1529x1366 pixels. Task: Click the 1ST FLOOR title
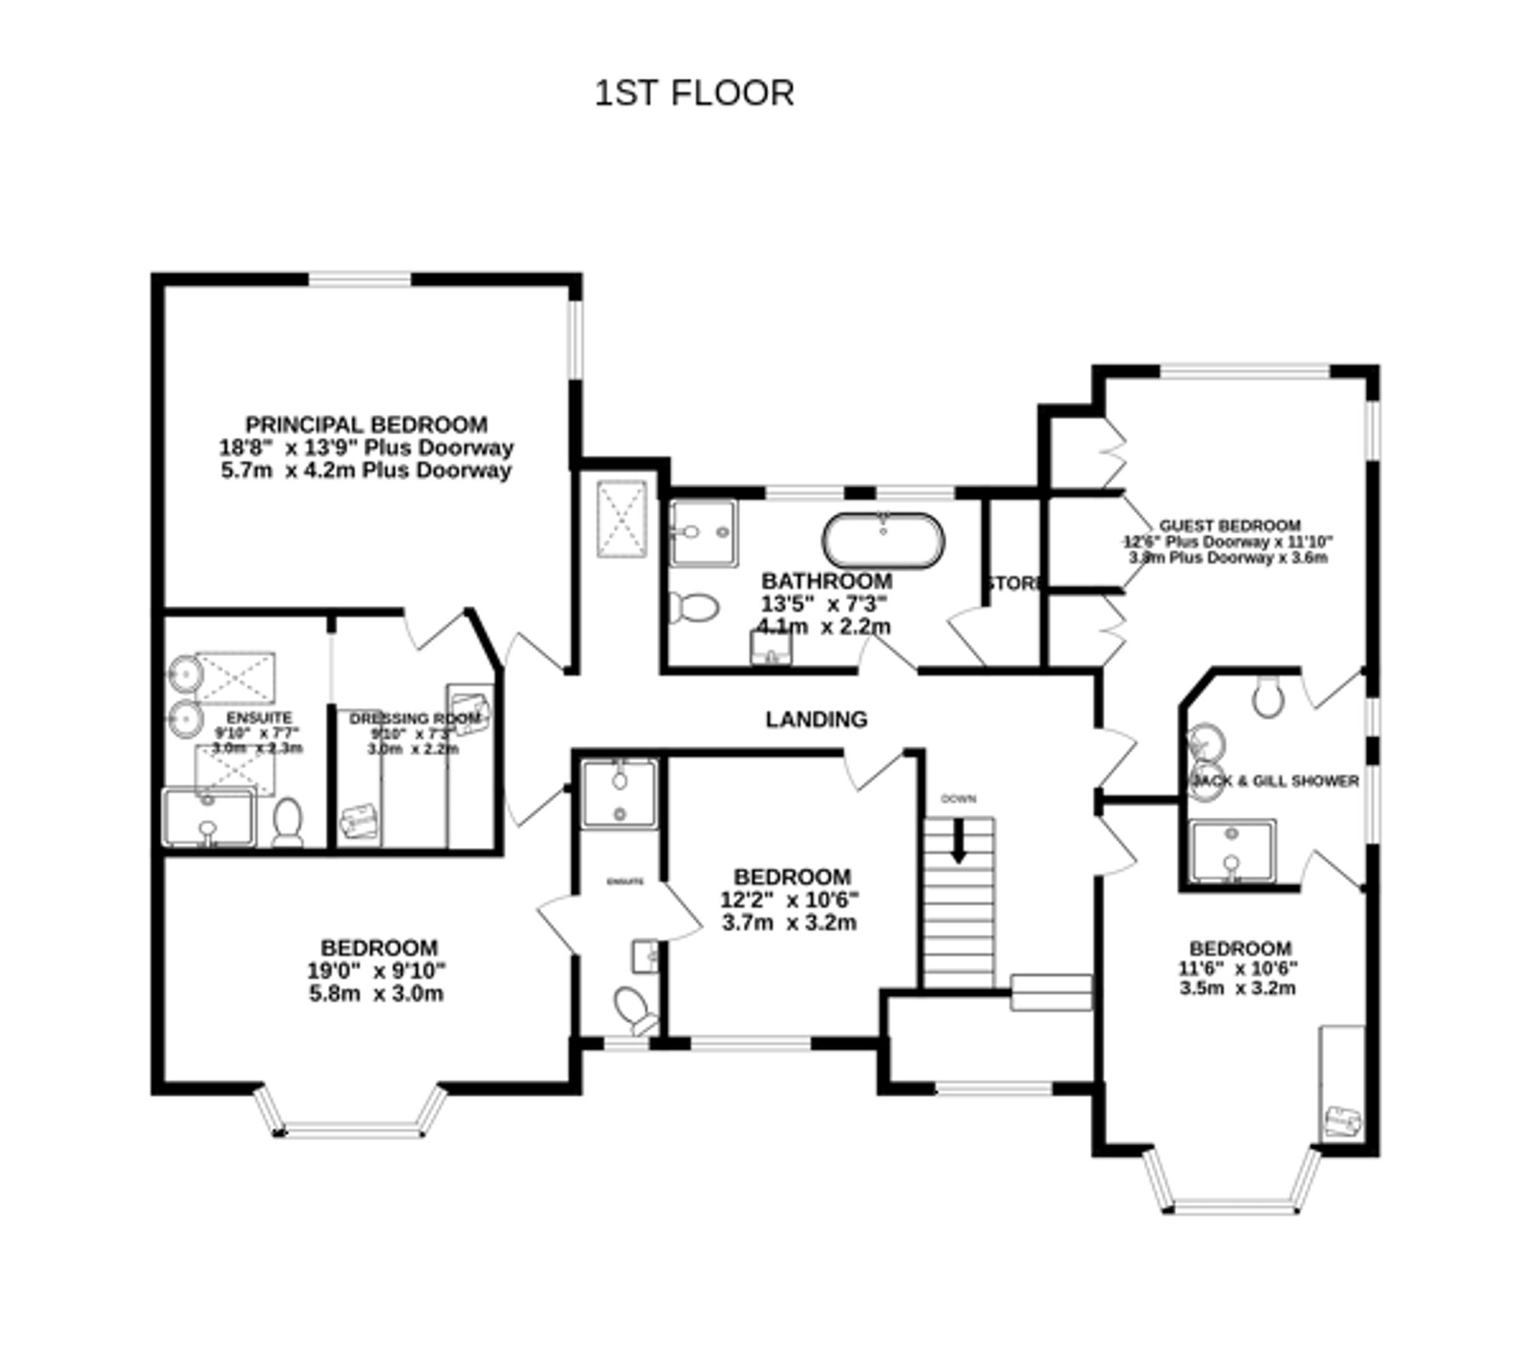694,93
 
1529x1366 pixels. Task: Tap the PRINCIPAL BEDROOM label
366,424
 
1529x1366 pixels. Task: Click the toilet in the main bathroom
694,608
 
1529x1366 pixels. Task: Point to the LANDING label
816,719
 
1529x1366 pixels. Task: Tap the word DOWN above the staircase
958,799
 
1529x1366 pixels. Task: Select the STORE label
1013,583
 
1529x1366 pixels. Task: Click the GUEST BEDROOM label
1229,526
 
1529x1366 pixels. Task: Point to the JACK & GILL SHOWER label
1275,780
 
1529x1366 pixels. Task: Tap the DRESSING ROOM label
414,719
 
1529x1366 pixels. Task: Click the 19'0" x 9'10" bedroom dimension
376,971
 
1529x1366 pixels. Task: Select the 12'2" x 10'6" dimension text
790,900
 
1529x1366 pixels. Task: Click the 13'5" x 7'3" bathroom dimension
823,604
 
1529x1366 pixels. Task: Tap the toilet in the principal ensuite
288,822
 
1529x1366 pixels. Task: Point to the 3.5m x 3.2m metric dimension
1238,988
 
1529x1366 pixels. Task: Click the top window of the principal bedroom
359,279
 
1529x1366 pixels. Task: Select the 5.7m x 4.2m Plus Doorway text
366,470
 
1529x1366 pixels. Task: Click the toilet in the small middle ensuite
633,1009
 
